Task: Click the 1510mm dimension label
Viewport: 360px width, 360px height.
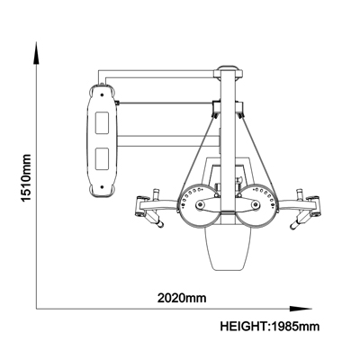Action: pyautogui.click(x=26, y=178)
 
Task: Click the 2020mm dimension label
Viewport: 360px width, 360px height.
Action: pyautogui.click(x=182, y=298)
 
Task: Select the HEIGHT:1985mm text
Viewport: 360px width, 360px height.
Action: pyautogui.click(x=270, y=326)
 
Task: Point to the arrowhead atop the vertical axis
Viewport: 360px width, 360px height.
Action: pyautogui.click(x=36, y=53)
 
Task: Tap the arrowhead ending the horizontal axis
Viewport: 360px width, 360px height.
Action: pyautogui.click(x=301, y=309)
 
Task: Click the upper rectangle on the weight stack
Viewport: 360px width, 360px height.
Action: pyautogui.click(x=102, y=122)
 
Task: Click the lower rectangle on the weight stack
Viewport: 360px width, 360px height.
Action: pyautogui.click(x=102, y=158)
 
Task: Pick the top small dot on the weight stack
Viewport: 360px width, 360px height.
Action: pyautogui.click(x=102, y=94)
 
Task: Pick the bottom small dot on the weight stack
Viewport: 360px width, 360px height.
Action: pyautogui.click(x=102, y=187)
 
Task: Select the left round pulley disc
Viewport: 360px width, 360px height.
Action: pyautogui.click(x=197, y=205)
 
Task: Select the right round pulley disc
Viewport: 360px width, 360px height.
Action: pyautogui.click(x=257, y=205)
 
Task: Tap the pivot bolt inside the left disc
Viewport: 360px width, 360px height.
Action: pyautogui.click(x=200, y=205)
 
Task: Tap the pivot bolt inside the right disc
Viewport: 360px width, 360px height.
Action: pyautogui.click(x=256, y=205)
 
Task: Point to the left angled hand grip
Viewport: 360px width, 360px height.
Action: pyautogui.click(x=155, y=220)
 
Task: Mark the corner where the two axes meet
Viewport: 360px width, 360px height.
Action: pyautogui.click(x=36, y=309)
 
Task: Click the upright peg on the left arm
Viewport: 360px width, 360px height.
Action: pyautogui.click(x=157, y=194)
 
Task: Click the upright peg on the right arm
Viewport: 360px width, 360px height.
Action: pyautogui.click(x=299, y=194)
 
